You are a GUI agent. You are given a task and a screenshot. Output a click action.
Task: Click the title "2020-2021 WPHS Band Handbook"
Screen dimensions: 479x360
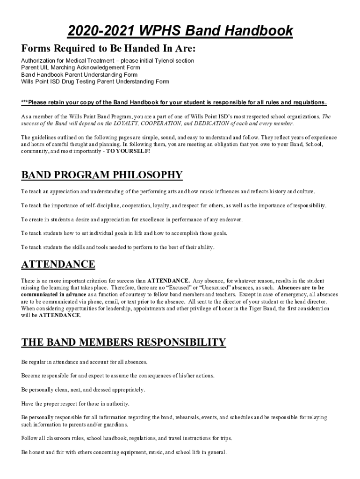180,31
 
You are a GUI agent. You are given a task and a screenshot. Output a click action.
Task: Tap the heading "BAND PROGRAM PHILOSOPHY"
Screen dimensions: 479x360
102,175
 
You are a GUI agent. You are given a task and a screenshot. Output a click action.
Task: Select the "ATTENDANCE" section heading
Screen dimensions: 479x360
58,264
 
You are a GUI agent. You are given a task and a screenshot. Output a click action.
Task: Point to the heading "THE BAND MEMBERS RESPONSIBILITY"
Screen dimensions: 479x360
124,342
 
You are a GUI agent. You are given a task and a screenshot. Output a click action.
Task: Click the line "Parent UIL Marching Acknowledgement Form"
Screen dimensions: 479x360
80,68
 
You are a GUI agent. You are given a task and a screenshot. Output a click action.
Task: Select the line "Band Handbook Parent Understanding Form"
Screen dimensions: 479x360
79,75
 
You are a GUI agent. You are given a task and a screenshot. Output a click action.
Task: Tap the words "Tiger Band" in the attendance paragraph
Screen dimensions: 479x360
262,309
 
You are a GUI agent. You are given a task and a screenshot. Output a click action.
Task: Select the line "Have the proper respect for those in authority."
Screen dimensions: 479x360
75,403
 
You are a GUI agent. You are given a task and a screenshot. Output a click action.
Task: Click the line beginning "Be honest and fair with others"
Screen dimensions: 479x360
124,452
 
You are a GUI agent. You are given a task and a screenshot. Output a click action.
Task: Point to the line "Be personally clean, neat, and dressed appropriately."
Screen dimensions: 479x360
83,390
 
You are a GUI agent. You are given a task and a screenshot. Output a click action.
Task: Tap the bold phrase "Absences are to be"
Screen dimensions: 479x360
301,288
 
